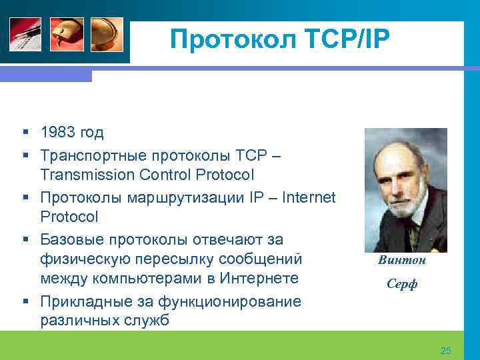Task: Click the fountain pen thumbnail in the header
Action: (25, 34)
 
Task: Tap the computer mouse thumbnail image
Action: (67, 34)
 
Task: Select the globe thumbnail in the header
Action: (107, 34)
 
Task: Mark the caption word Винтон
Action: (401, 260)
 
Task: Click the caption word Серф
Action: (401, 285)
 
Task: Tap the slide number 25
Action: (446, 351)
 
